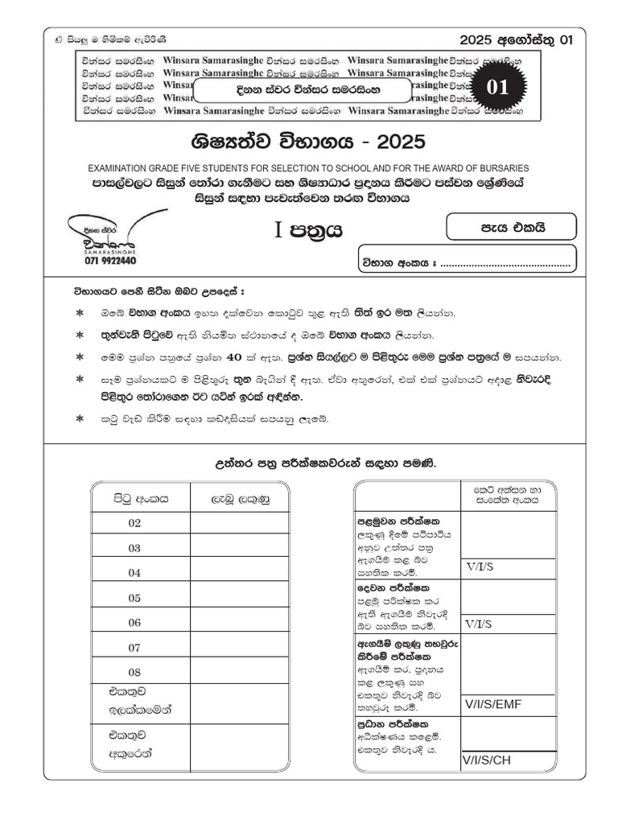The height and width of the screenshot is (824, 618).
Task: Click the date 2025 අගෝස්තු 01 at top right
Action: [x=516, y=40]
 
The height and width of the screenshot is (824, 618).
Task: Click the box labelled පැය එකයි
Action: [x=512, y=227]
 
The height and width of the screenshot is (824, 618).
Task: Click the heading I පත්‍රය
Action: [x=309, y=231]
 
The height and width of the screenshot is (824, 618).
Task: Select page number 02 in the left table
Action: [x=134, y=523]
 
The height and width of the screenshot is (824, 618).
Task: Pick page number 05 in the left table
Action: [x=134, y=598]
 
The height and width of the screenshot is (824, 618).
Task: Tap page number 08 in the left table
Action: [x=134, y=672]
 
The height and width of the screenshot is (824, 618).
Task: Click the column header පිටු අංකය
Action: [x=140, y=498]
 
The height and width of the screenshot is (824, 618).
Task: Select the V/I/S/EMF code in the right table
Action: [x=493, y=705]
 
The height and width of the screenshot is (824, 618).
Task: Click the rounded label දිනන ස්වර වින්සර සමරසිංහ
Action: [x=296, y=90]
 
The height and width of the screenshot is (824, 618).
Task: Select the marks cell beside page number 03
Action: [x=239, y=548]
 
